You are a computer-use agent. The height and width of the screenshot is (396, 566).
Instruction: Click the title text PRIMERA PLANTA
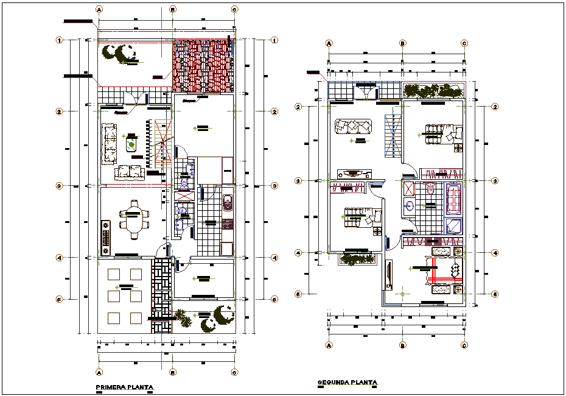[124, 387]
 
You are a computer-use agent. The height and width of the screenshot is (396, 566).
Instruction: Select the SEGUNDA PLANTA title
[348, 383]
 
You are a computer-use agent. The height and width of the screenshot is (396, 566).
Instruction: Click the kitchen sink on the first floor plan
[228, 202]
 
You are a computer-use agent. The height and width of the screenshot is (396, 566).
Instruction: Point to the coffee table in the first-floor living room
[132, 144]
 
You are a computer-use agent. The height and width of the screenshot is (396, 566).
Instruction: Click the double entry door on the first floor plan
[136, 97]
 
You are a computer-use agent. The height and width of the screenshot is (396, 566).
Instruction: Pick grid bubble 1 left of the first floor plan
[60, 40]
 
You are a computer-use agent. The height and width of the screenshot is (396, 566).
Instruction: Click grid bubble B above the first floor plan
[173, 10]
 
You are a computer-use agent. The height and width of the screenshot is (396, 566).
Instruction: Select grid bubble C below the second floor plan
[464, 345]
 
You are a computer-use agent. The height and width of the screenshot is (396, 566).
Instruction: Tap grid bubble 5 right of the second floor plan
[495, 294]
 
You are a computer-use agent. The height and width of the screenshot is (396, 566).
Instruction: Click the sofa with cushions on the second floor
[352, 126]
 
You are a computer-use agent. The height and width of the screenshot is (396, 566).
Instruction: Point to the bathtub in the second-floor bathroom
[453, 200]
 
